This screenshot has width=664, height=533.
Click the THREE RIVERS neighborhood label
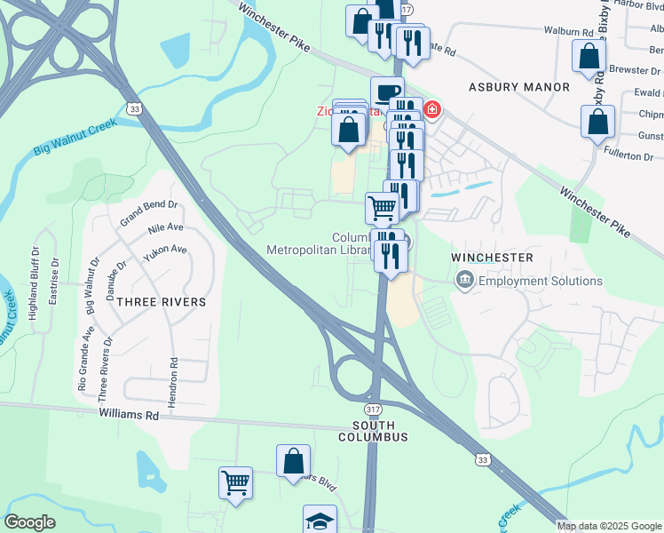click(x=162, y=302)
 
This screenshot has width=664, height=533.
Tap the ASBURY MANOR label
click(x=519, y=87)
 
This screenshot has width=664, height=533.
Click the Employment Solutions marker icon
click(x=464, y=281)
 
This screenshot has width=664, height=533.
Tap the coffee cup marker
click(x=387, y=91)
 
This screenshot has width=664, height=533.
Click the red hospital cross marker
click(x=432, y=110)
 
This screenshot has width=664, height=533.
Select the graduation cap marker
click(x=320, y=520)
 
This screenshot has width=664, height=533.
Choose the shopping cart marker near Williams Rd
click(x=236, y=483)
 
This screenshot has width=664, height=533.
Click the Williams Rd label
click(x=129, y=414)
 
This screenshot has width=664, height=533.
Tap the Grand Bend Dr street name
click(x=149, y=211)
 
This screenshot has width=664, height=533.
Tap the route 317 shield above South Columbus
click(x=373, y=409)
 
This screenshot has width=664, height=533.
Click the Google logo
click(x=30, y=522)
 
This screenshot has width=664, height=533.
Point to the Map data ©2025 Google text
click(x=609, y=526)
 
